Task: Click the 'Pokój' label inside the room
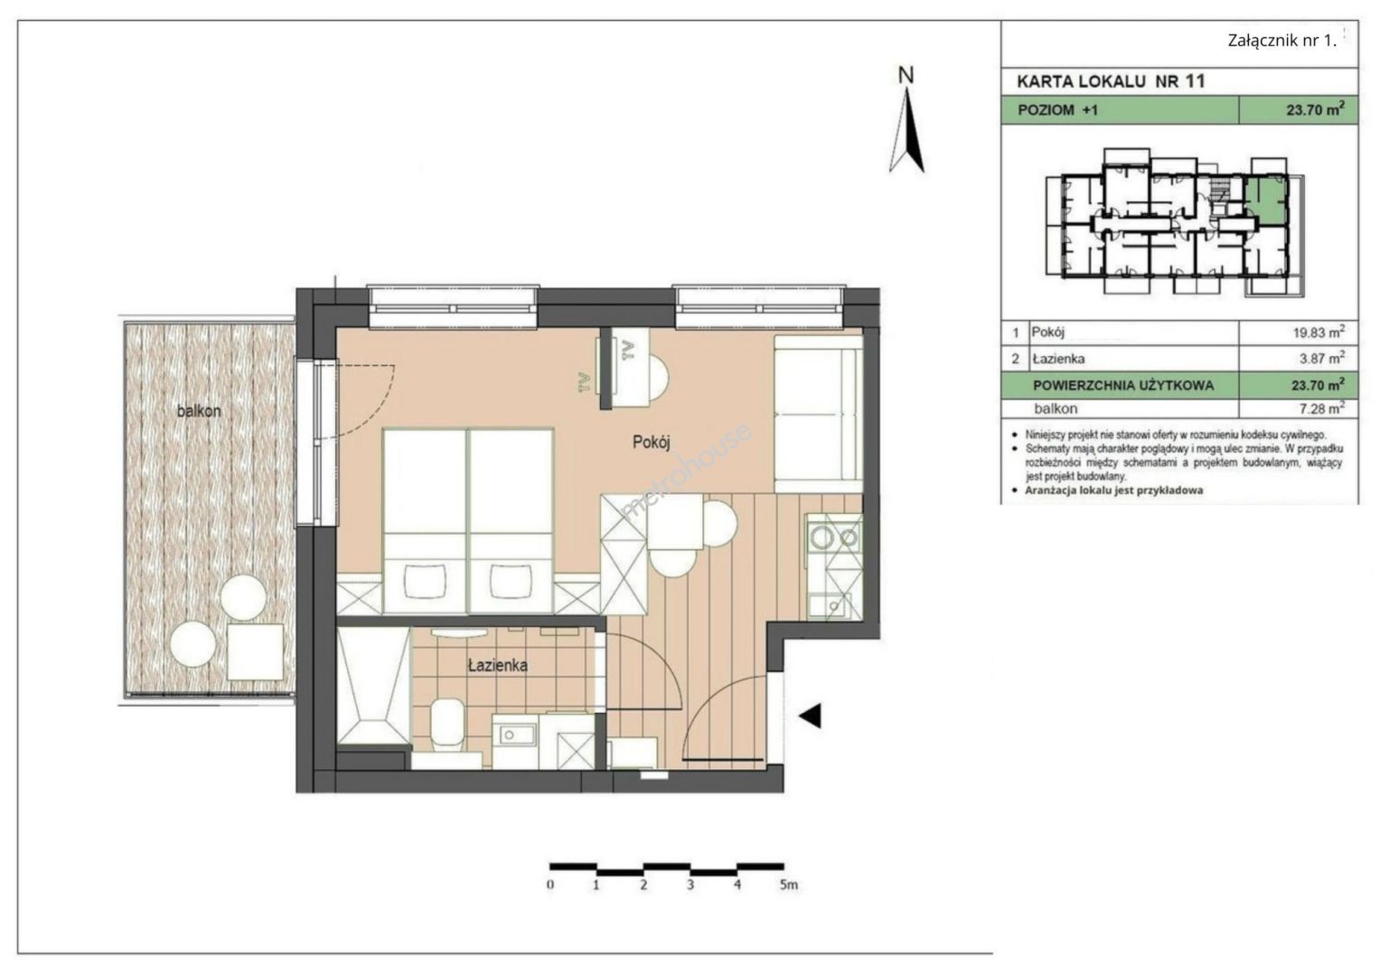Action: tap(652, 443)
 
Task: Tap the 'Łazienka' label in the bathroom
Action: tap(498, 665)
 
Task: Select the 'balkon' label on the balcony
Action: tap(199, 411)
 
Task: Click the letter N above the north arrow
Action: tap(906, 75)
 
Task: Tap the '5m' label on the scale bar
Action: tap(789, 885)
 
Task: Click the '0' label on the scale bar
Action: tap(550, 885)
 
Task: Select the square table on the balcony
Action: tap(255, 652)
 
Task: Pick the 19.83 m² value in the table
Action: tap(1319, 333)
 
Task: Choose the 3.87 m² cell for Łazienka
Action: tap(1321, 358)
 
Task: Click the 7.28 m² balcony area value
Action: tap(1321, 408)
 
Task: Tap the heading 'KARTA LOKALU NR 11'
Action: tap(1111, 81)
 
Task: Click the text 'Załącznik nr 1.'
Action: tap(1282, 41)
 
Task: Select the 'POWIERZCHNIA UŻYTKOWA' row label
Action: tap(1123, 386)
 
